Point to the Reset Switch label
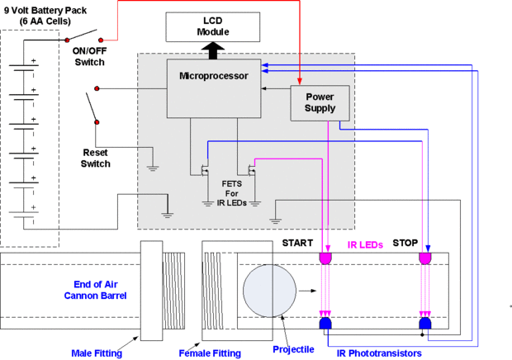pos(96,158)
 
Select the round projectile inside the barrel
pos(268,291)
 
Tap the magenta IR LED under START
pos(325,259)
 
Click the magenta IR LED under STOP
pos(424,259)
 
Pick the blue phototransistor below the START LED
pos(325,322)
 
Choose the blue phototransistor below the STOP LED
pos(424,322)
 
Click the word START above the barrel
pos(298,244)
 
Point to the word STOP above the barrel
pos(405,244)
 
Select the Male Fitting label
pos(97,353)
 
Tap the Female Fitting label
pos(210,353)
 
